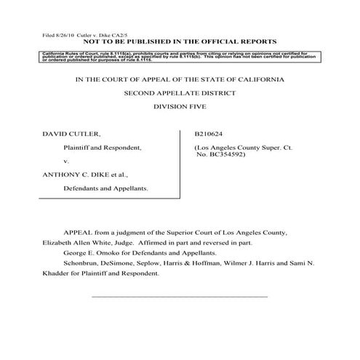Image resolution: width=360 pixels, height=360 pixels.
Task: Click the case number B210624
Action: click(x=210, y=134)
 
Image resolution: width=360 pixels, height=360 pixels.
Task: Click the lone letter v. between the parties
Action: click(x=66, y=161)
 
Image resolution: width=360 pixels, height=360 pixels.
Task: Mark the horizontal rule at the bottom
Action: click(x=179, y=297)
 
